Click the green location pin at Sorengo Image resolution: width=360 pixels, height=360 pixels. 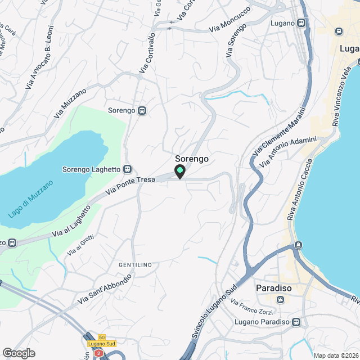click(180, 171)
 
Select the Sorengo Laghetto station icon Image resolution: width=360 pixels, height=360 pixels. click(128, 169)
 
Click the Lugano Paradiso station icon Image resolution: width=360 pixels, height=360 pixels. click(296, 322)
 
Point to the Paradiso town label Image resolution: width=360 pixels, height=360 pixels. click(273, 288)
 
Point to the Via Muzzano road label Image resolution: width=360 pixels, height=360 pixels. click(70, 103)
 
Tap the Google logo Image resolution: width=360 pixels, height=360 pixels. click(19, 353)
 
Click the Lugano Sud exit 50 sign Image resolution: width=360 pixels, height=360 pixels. click(102, 340)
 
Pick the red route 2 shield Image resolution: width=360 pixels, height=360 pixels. click(99, 353)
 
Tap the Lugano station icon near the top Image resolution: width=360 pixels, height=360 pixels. click(302, 23)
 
